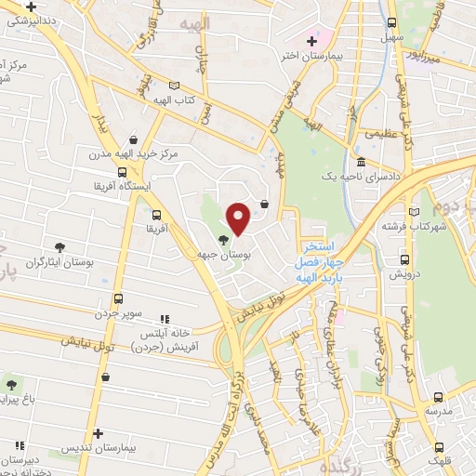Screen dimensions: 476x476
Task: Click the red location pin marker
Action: pos(239,218)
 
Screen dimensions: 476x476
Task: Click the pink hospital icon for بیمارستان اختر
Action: pos(312,39)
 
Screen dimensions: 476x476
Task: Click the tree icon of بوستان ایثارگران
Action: pos(60,247)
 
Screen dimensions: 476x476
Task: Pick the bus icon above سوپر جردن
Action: pos(118,298)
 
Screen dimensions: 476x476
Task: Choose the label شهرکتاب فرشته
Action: pos(415,226)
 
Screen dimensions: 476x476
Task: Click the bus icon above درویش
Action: pos(404,259)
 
